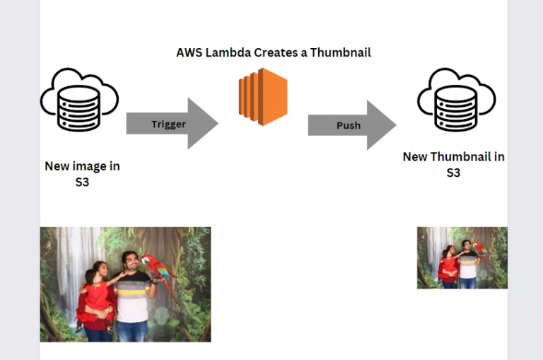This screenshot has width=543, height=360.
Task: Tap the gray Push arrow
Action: [x=351, y=125]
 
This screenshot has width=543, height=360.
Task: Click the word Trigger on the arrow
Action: [x=168, y=124]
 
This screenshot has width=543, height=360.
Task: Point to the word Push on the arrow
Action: [x=348, y=126]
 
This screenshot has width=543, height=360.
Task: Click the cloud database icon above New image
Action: [x=78, y=100]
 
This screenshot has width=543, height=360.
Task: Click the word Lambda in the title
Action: [x=229, y=52]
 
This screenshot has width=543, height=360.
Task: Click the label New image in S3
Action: [x=82, y=174]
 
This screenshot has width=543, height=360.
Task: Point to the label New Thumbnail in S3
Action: [x=453, y=164]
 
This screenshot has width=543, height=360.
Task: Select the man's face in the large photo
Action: [x=131, y=264]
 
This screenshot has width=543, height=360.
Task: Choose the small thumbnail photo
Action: [x=462, y=257]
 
